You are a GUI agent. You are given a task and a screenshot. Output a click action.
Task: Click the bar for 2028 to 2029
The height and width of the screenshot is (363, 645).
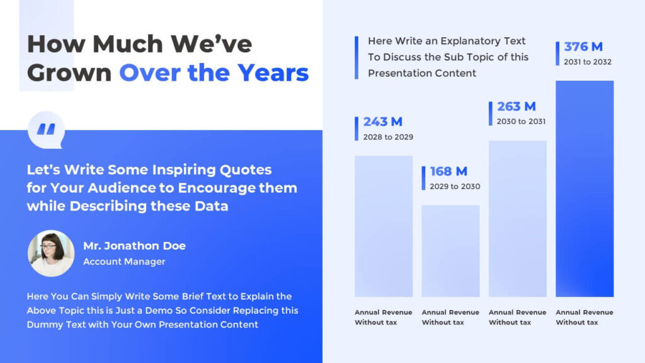click(x=384, y=226)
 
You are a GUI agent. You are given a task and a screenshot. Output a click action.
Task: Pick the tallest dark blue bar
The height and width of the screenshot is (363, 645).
click(x=585, y=188)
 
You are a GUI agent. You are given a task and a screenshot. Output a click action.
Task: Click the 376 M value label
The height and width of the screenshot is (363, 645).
click(x=583, y=47)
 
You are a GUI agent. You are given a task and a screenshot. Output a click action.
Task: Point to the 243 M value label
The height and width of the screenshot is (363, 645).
click(x=382, y=122)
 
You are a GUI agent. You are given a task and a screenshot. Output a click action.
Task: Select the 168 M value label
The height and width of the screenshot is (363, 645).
click(x=448, y=171)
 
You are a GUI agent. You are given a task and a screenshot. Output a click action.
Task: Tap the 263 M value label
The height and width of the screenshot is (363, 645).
click(x=516, y=107)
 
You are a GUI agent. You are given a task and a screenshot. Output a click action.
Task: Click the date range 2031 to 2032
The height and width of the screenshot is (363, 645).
click(x=588, y=62)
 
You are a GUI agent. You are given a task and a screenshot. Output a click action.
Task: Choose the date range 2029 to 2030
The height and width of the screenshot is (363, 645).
click(x=455, y=187)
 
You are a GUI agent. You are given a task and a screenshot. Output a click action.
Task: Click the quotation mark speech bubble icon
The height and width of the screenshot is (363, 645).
click(x=46, y=130)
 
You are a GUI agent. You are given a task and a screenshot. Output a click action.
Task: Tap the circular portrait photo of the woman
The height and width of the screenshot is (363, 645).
click(x=51, y=253)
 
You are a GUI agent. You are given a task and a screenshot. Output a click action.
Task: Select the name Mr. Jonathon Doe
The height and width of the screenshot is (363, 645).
click(x=134, y=246)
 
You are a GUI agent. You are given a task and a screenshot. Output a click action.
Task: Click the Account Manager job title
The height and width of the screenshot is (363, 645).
click(x=124, y=262)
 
